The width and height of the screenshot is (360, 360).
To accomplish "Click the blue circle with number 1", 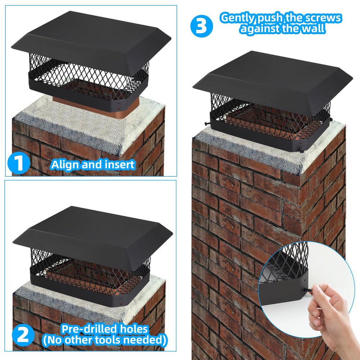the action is pos(19,163).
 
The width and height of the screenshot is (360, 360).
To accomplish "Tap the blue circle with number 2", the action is pos(23,335).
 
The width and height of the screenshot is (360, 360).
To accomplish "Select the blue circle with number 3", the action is pos(202,26).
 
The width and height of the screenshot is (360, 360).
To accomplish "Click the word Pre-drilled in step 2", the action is pos(89,329).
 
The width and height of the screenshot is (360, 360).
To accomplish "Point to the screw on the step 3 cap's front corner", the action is pos(301,150).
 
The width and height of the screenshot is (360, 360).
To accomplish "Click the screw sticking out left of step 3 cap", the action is pos(208,123).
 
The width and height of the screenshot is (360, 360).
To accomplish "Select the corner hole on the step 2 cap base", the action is pos(121,303).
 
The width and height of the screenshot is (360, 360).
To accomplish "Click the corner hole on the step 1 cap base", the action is pos(119,108).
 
